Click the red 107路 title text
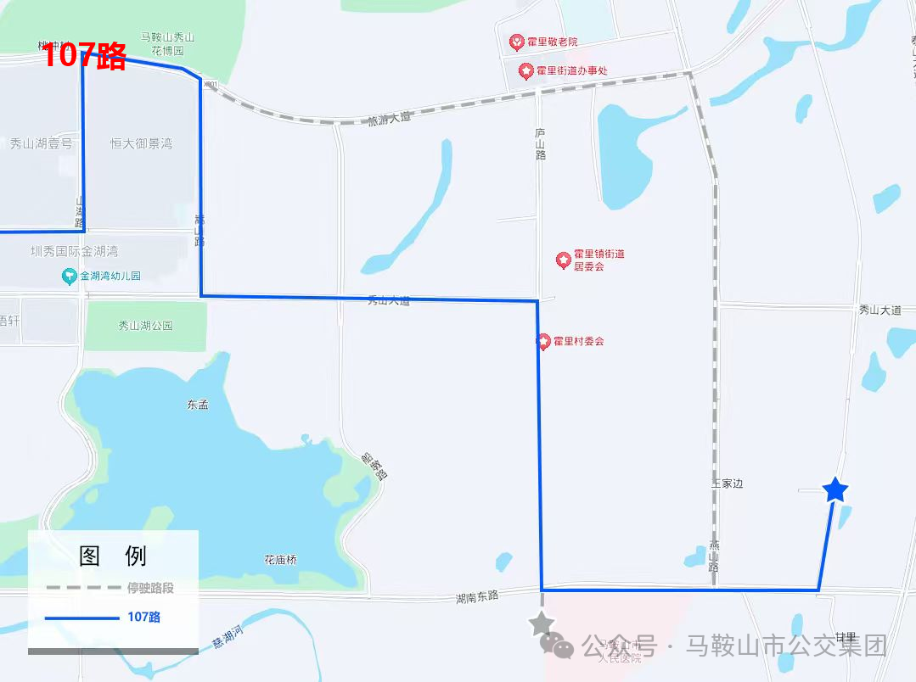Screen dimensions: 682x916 pos(84,56)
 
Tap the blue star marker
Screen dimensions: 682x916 pos(835,489)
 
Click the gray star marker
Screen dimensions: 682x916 pos(541,624)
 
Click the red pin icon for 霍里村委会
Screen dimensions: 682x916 pos(543,342)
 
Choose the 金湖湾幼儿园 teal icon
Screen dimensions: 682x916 pos(69,276)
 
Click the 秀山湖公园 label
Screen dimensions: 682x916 pos(145,326)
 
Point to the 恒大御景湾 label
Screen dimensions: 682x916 pos(141,143)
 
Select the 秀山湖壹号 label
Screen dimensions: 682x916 pos(42,143)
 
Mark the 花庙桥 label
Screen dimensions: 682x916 pos(280,560)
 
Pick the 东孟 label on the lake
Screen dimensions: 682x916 pos(198,405)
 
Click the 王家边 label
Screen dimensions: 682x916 pos(727,484)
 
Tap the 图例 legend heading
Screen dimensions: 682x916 pos(113,556)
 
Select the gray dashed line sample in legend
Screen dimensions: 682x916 pos(81,588)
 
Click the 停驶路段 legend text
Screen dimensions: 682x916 pos(150,588)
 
